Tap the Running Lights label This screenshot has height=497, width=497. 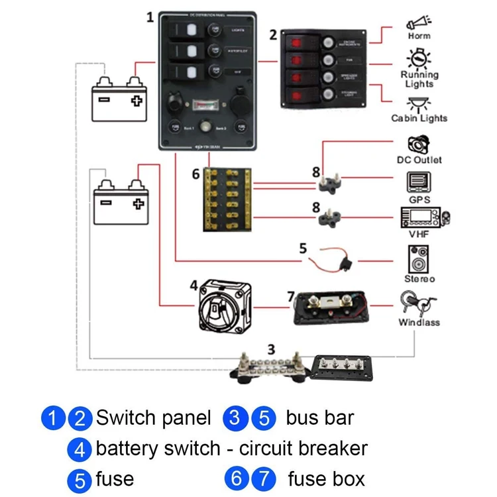419,80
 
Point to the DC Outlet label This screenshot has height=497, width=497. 419,160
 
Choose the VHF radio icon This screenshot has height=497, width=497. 424,218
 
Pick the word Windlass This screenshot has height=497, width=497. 419,323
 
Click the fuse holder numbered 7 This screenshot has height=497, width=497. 330,309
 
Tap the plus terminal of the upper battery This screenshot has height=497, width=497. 137,101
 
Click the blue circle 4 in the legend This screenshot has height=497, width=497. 80,449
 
